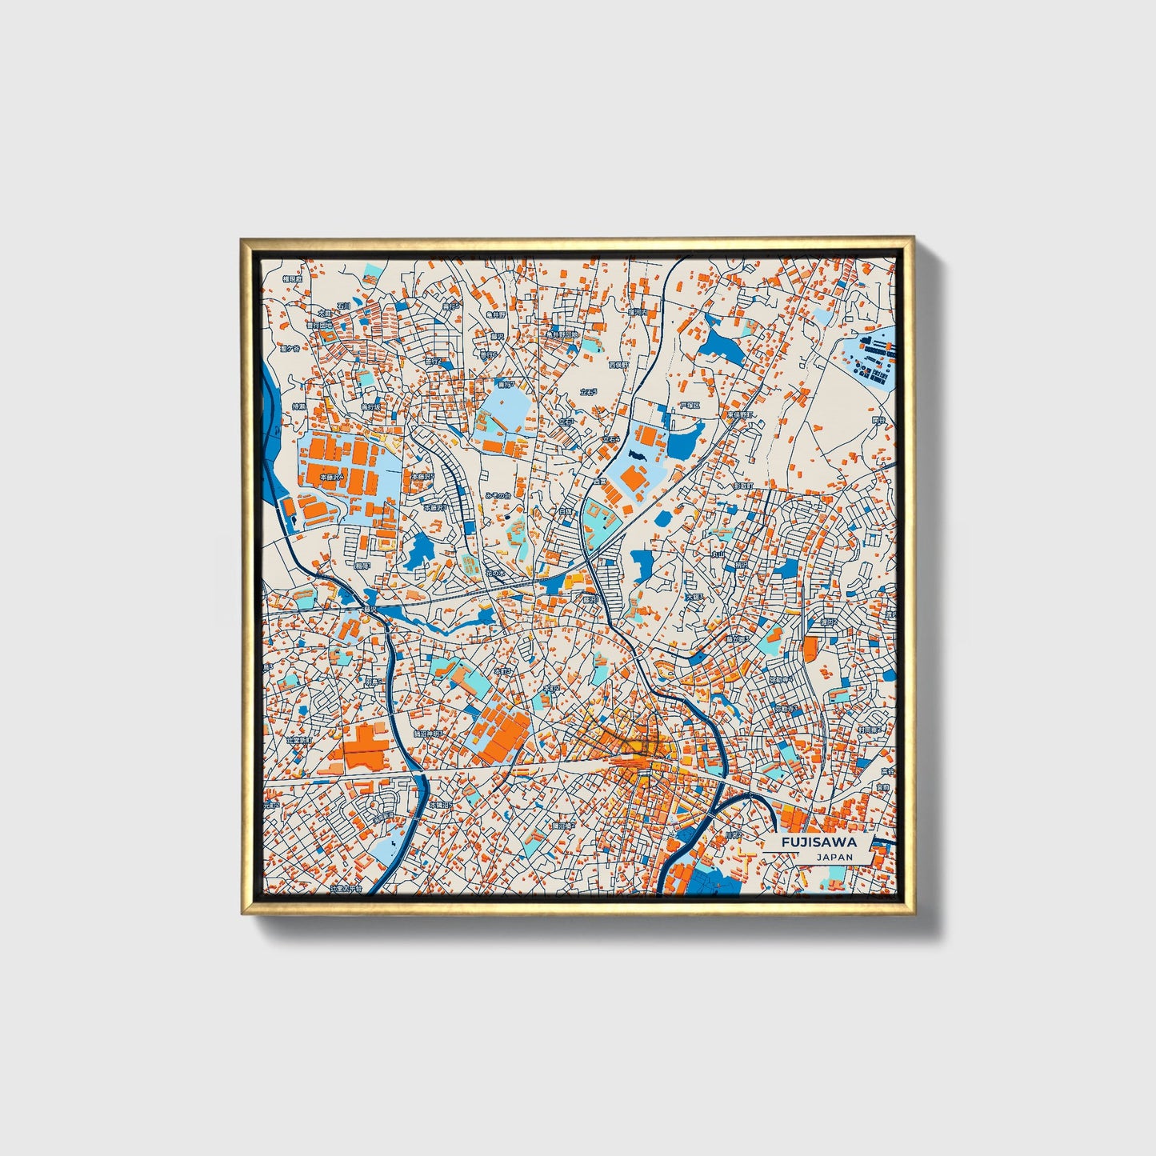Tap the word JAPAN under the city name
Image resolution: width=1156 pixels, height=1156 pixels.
pyautogui.click(x=834, y=857)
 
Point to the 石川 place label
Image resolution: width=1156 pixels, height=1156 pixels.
pyautogui.click(x=343, y=306)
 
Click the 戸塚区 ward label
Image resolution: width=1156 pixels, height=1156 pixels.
pyautogui.click(x=690, y=406)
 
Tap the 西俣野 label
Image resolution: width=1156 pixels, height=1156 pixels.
pyautogui.click(x=618, y=364)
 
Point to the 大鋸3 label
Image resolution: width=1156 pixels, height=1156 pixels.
pyautogui.click(x=694, y=597)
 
